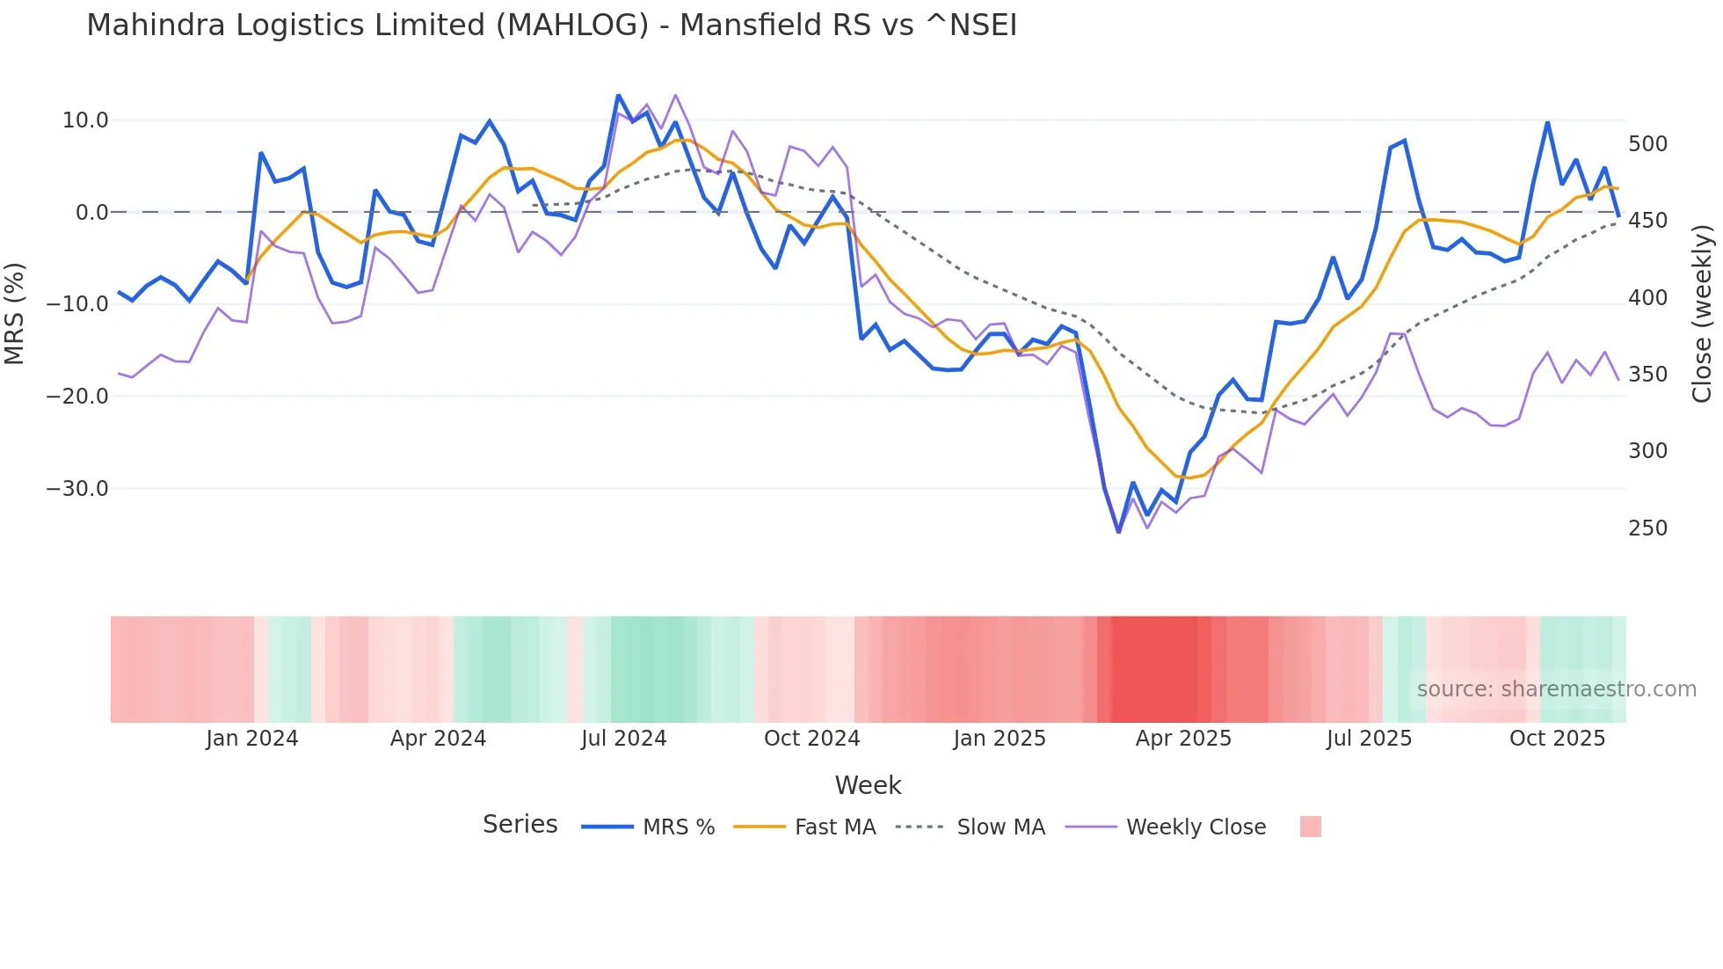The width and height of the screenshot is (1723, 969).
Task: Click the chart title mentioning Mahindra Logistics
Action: tap(551, 25)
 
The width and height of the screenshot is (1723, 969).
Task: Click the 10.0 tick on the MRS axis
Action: tap(85, 120)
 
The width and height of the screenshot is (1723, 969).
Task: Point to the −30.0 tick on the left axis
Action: tap(77, 489)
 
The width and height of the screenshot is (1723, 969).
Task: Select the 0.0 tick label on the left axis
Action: tap(92, 213)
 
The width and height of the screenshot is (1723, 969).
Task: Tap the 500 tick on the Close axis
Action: tap(1647, 144)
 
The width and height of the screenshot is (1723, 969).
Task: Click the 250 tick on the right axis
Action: tap(1647, 528)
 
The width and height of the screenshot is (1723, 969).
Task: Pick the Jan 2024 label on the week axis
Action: tap(252, 739)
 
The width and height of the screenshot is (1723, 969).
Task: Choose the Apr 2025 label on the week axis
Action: tap(1183, 739)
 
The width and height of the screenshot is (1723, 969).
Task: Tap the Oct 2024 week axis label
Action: tap(811, 739)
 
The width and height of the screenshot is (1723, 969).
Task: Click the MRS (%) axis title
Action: tap(15, 313)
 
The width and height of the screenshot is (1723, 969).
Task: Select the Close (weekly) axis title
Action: tap(1703, 314)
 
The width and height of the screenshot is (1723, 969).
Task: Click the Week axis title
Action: tap(868, 785)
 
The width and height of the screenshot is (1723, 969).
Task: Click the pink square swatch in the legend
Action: tap(1311, 827)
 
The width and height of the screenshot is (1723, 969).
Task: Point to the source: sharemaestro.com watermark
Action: tap(1556, 689)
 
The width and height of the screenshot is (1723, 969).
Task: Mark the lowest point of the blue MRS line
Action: tap(1119, 532)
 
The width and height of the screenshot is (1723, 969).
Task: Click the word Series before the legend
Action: tap(520, 825)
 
